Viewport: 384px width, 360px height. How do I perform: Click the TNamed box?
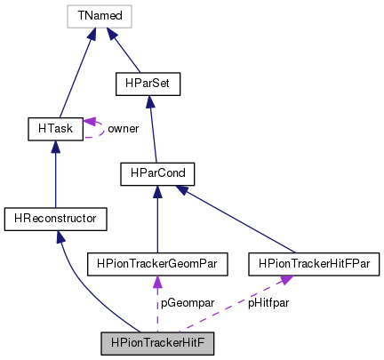(x=100, y=16)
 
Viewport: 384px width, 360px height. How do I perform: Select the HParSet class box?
(x=148, y=84)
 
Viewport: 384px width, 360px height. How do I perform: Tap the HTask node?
(x=55, y=129)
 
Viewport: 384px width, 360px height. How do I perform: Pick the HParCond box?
(x=157, y=174)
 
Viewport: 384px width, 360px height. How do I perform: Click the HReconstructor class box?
(x=55, y=219)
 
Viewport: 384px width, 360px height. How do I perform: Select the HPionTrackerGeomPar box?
(x=157, y=264)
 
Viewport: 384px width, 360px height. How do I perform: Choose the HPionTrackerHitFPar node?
(x=314, y=264)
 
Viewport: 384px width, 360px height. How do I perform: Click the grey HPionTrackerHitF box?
(x=157, y=343)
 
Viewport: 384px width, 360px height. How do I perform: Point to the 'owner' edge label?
(x=124, y=129)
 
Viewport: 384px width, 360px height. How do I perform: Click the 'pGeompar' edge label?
(x=188, y=303)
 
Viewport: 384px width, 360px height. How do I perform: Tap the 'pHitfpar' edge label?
(x=268, y=303)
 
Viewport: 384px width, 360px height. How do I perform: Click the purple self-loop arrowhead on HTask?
(x=89, y=121)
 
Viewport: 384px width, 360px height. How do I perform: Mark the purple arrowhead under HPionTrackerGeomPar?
(x=157, y=282)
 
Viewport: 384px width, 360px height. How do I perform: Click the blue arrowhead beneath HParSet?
(x=150, y=101)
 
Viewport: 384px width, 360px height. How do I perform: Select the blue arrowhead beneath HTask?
(x=55, y=147)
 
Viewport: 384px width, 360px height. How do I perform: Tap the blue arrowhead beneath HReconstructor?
(x=60, y=236)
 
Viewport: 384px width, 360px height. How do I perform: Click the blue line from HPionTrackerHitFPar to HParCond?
(x=241, y=223)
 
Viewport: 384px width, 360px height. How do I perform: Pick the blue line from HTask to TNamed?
(x=76, y=78)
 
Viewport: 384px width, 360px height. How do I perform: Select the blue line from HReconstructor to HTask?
(x=55, y=180)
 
